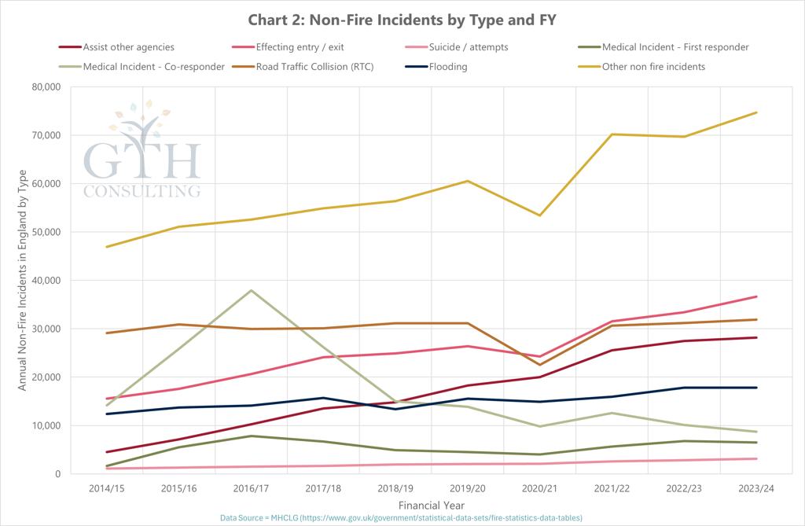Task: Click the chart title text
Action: click(402, 20)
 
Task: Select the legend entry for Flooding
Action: click(447, 67)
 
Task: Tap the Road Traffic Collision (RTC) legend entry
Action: click(314, 67)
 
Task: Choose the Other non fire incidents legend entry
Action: click(653, 67)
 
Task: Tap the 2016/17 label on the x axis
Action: click(251, 488)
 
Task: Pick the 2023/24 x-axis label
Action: click(756, 488)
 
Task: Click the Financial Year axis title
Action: click(431, 505)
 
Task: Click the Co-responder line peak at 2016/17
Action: click(251, 291)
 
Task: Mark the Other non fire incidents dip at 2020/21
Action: click(539, 215)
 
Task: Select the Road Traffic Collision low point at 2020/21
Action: click(539, 365)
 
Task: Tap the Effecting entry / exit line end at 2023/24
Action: click(756, 296)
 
